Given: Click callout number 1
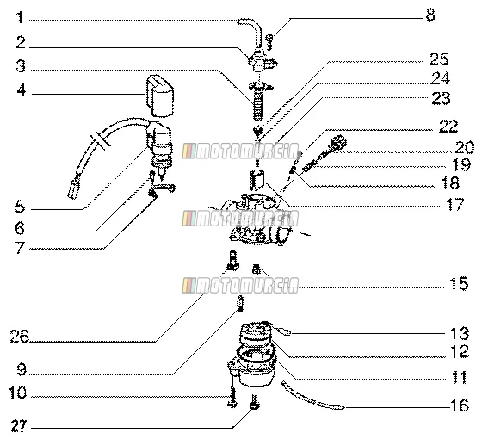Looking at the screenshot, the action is [x=20, y=18].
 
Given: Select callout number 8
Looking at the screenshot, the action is [x=430, y=15].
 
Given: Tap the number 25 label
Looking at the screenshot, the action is [x=439, y=59].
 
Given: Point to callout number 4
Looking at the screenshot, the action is [x=22, y=90].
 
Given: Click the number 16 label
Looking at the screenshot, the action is [x=460, y=405].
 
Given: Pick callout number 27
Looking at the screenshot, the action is [x=19, y=426].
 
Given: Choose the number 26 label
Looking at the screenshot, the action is [x=19, y=336].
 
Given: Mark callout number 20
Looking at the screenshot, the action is [x=464, y=147].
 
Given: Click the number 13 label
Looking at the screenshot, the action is [x=460, y=333].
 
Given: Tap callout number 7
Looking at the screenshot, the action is [x=20, y=248].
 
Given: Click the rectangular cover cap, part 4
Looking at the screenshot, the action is [x=160, y=96].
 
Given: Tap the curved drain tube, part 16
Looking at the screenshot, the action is [x=311, y=397].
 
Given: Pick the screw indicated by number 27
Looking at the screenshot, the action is [x=255, y=402].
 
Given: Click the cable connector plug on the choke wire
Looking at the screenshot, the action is [x=72, y=189].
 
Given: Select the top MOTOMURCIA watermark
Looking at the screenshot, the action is [x=240, y=151].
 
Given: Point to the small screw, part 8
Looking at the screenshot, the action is [x=269, y=41].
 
